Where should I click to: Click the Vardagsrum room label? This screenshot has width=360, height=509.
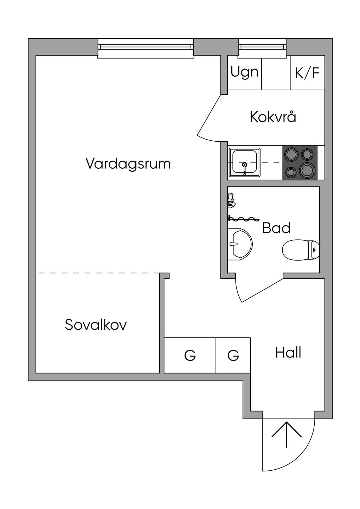[128, 164]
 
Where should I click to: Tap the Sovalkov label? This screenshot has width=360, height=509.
[96, 325]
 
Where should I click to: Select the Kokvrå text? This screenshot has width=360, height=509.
[273, 117]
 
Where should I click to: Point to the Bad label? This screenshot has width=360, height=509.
[276, 228]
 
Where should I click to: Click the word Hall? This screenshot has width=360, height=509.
[288, 352]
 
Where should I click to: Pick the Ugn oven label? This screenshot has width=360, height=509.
[244, 72]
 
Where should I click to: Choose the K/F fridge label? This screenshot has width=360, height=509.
[307, 73]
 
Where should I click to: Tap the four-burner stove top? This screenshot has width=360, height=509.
[300, 163]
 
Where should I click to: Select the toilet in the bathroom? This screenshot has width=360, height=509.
[301, 250]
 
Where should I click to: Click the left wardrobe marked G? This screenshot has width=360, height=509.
[190, 355]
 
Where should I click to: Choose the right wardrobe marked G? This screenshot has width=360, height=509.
[233, 355]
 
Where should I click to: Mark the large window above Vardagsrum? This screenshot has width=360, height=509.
[146, 47]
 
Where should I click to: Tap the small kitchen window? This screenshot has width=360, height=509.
[262, 47]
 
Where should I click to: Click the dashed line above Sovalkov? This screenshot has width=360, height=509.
[98, 273]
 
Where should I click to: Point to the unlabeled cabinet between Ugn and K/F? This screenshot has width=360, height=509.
[276, 72]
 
